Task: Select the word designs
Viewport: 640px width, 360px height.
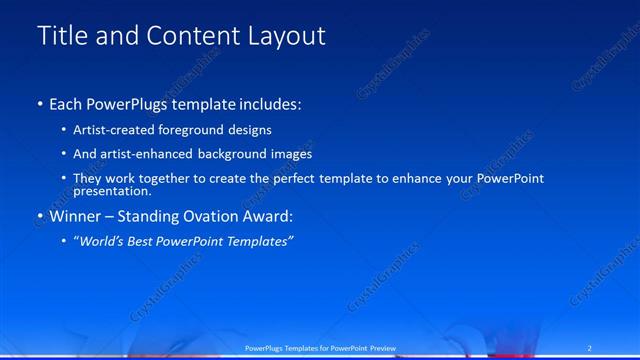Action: coord(249,130)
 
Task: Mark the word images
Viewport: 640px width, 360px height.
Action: coord(291,154)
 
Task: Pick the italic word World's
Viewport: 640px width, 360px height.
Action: coord(103,241)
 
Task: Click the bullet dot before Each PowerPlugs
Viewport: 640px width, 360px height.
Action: coord(40,104)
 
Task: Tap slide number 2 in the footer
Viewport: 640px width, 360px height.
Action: coord(590,347)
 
